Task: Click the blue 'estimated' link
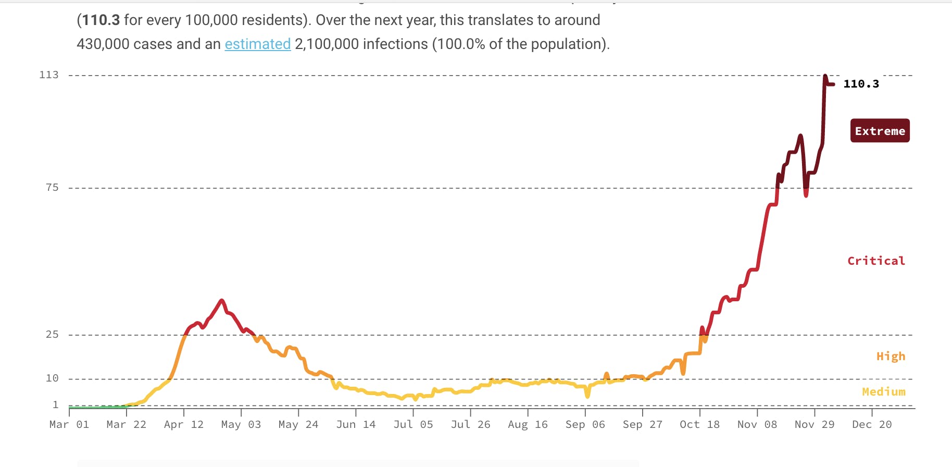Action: click(x=257, y=44)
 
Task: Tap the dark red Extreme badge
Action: click(x=880, y=131)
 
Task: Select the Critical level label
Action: click(x=876, y=261)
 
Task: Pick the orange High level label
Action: click(x=891, y=357)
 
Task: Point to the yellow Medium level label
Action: click(x=883, y=391)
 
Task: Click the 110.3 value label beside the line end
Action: click(x=861, y=84)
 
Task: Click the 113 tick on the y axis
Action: click(x=49, y=75)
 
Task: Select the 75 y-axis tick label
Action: click(x=52, y=188)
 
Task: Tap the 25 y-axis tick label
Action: click(x=52, y=335)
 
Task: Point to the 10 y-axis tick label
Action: click(x=52, y=378)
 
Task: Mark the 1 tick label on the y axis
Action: click(x=55, y=405)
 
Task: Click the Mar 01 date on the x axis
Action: click(x=69, y=425)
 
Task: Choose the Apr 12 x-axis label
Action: click(x=184, y=425)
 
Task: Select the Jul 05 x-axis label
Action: click(x=413, y=425)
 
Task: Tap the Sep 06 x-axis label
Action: click(x=585, y=425)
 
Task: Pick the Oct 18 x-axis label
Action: click(x=699, y=425)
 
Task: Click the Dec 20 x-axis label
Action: click(x=872, y=425)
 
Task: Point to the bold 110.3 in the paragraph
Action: click(x=101, y=20)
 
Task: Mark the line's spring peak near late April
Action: click(x=222, y=301)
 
